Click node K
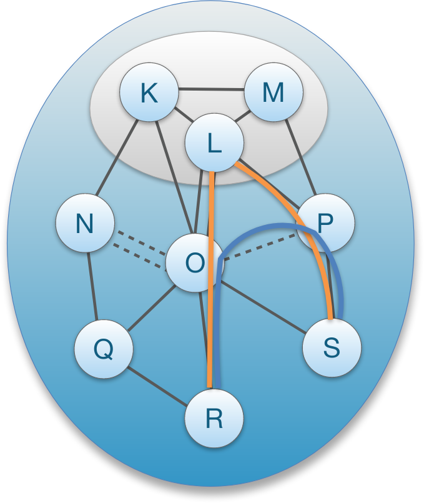pos(149,94)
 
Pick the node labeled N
pos(85,223)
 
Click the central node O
pos(194,263)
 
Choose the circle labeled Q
pos(103,348)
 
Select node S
pos(332,348)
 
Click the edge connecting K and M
pos(211,89)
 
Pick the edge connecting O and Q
pos(149,306)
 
